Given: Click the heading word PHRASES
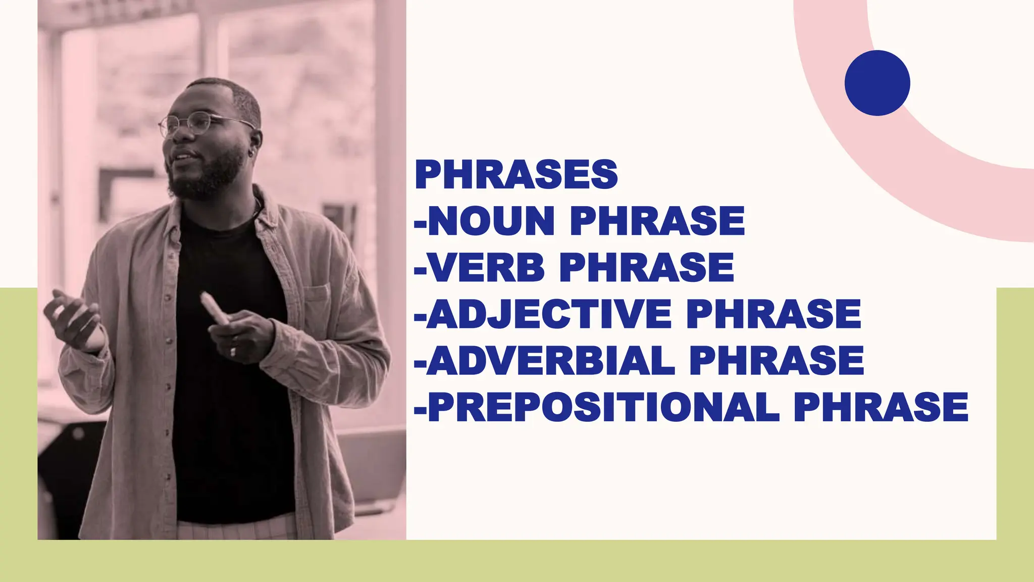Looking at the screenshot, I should click(x=516, y=174).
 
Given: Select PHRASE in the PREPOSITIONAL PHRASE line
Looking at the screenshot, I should click(x=881, y=407).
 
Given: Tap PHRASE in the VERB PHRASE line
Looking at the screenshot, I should click(x=647, y=267).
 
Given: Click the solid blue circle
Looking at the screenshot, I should click(x=877, y=83).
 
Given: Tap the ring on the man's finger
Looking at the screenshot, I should click(x=233, y=351).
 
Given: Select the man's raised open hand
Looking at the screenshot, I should click(x=76, y=318).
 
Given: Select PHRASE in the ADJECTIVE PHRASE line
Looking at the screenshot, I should click(x=773, y=314).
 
